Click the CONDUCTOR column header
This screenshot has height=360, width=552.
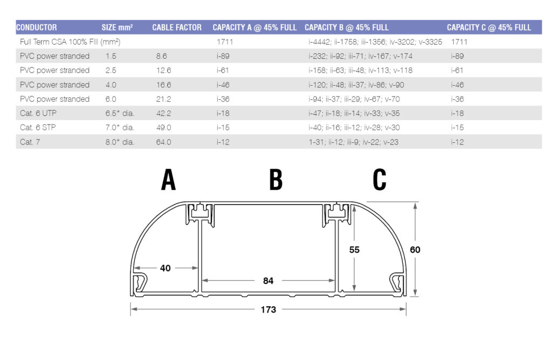pos(37,27)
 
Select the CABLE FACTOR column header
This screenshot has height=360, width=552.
pos(177,27)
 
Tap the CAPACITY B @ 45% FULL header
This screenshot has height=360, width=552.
pos(347,27)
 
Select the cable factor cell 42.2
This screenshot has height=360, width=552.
pos(163,113)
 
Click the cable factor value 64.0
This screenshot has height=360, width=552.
pos(163,142)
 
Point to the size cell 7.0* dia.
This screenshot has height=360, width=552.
pos(120,128)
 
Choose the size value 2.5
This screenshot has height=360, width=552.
pos(111,70)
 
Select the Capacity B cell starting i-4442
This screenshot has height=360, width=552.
pos(375,41)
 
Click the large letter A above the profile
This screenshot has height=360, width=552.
pos(169,181)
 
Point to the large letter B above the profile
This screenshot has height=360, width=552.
pos(275,181)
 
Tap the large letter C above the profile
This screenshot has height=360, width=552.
pos(379,181)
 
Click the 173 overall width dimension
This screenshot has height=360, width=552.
pos(268,309)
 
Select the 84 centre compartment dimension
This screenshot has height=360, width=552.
pos(268,280)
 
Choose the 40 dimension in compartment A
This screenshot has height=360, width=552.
pos(165,268)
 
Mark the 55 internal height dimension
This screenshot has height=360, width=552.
pos(354,250)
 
